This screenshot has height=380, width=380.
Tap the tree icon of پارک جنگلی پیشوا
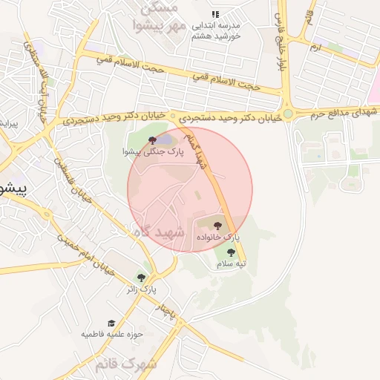[152, 140]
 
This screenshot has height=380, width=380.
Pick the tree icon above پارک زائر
[141, 278]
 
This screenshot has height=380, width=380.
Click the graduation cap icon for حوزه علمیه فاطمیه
[111, 324]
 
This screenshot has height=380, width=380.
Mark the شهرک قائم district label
[126, 364]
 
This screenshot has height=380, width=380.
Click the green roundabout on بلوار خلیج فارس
[287, 115]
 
